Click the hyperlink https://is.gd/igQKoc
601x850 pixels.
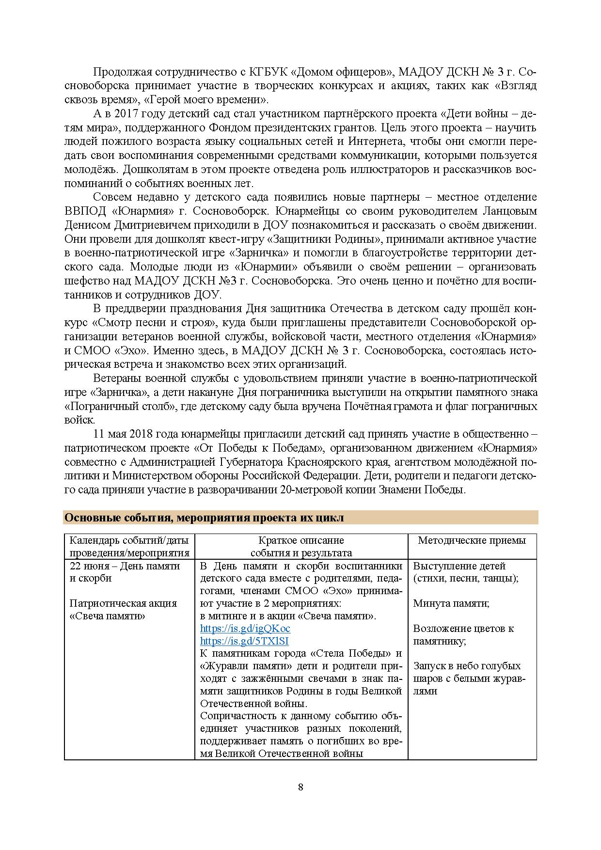point(245,629)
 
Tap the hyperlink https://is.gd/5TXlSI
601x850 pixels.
point(244,641)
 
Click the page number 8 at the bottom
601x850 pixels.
point(300,787)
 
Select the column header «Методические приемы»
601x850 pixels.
point(472,540)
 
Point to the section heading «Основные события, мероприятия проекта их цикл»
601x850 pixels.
point(204,518)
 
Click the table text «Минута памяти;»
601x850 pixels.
point(451,603)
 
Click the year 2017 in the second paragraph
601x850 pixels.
point(128,114)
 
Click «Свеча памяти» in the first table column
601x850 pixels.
point(108,616)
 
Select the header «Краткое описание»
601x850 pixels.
point(301,540)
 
